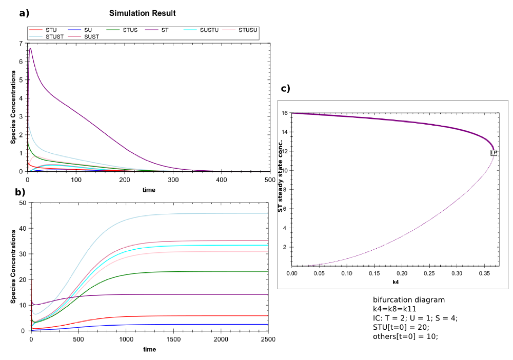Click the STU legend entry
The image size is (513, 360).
pyautogui.click(x=51, y=30)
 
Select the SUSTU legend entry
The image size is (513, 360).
pyautogui.click(x=208, y=30)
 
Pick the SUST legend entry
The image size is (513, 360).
pyautogui.click(x=92, y=36)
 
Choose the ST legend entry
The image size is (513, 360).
pyautogui.click(x=165, y=30)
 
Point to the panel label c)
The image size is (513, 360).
pyautogui.click(x=285, y=88)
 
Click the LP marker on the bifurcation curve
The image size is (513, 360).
pyautogui.click(x=494, y=153)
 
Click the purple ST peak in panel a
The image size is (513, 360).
pyautogui.click(x=30, y=49)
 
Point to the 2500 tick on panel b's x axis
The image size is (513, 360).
pyautogui.click(x=268, y=340)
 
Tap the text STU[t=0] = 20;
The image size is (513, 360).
pyautogui.click(x=401, y=327)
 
